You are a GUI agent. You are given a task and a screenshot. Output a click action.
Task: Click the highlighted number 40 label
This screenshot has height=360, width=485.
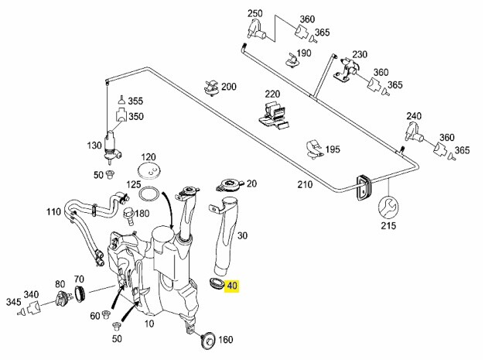point(233,286)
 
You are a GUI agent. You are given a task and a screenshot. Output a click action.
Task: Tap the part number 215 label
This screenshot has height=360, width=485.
point(388,226)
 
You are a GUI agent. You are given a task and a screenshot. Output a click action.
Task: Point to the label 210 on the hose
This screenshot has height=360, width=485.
point(306,186)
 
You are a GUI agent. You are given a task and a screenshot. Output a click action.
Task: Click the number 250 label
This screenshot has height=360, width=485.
point(255,14)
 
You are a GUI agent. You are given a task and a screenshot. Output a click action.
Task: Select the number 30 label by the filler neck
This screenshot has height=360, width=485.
point(241,235)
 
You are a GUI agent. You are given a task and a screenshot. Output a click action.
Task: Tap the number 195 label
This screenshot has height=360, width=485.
point(333,149)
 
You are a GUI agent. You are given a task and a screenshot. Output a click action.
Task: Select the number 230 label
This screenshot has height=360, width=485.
point(359,55)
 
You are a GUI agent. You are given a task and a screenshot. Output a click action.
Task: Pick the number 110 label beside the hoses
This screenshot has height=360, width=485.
point(53,211)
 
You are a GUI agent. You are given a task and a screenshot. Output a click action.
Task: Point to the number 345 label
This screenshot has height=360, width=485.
point(13,301)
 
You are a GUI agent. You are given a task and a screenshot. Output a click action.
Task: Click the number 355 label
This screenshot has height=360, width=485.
point(135,101)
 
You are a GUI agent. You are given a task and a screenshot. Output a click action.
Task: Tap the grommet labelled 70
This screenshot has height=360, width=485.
point(78,293)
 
